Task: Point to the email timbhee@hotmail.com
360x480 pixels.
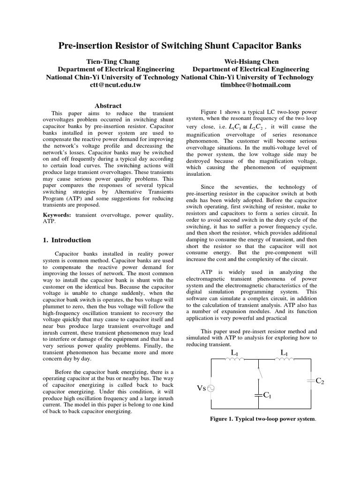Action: tap(255, 85)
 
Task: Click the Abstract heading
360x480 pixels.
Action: tap(108, 106)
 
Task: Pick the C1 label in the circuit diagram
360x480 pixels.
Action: tap(268, 395)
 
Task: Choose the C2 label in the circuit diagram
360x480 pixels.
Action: tap(320, 381)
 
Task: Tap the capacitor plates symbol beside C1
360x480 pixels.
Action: tap(258, 395)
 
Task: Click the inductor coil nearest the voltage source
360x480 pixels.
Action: tap(234, 360)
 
